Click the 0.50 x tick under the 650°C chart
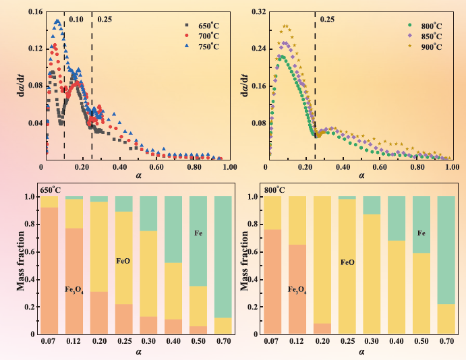198,342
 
